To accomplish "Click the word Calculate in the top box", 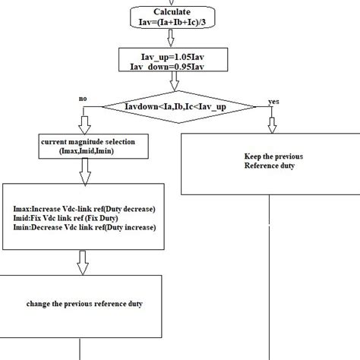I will click(172, 12).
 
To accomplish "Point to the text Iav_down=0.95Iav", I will click(169, 66).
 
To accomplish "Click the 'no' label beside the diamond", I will click(83, 99).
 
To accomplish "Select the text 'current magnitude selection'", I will click(81, 141).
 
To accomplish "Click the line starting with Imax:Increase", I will click(83, 207).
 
